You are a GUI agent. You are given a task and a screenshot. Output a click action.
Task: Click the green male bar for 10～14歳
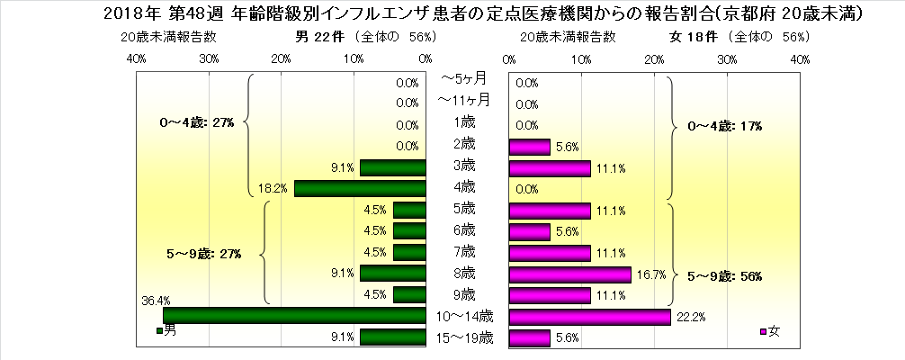[x=293, y=316]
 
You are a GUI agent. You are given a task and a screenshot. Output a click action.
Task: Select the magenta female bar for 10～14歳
[x=590, y=316]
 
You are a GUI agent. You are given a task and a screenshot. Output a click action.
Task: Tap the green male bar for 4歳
[x=360, y=188]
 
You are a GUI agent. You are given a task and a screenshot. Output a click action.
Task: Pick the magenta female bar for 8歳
[x=570, y=274]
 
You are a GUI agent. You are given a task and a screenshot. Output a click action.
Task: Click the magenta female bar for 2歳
[x=530, y=146]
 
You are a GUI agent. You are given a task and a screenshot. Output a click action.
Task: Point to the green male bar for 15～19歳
[x=392, y=337]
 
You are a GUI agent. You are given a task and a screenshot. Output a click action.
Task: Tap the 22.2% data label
[x=687, y=316]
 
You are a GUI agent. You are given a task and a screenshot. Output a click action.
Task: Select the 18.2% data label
[x=273, y=188]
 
